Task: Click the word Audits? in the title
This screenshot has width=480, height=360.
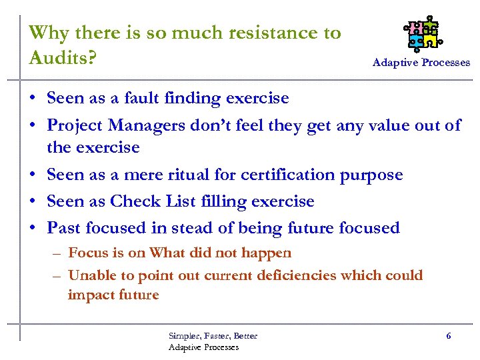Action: coord(63,57)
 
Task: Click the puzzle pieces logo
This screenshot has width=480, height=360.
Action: coord(423,33)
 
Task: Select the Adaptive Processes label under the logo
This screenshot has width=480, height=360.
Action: coord(421,63)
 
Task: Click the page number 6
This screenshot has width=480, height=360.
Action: coord(448,336)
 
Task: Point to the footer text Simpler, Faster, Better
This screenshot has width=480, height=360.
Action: coord(213,336)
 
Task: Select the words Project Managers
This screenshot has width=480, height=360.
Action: coord(121,125)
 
